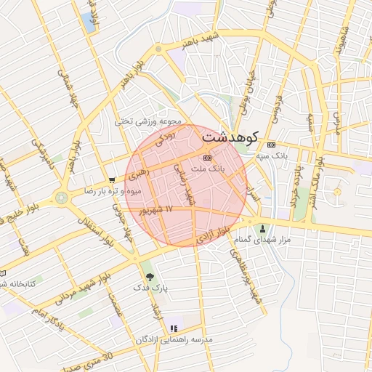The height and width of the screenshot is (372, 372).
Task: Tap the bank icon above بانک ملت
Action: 208,157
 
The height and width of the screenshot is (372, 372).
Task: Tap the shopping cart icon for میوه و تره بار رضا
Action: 111,179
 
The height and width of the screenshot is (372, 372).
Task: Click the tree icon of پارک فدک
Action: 150,276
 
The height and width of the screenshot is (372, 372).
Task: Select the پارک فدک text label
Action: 150,288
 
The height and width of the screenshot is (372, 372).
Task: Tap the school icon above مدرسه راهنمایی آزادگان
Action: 173,328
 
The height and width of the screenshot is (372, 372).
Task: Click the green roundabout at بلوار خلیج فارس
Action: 61,197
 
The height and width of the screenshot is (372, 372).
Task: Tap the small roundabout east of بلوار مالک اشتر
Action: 336,192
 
